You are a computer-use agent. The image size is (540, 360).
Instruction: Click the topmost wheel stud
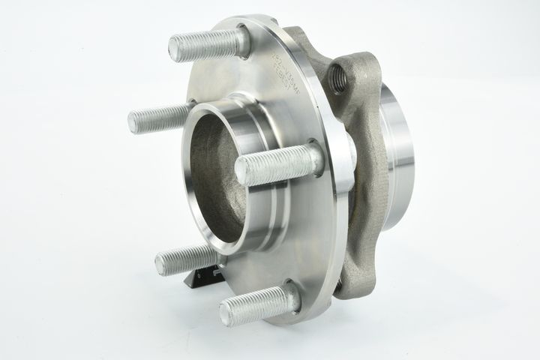tap(206, 43)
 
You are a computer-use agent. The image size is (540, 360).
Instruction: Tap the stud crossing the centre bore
tap(274, 165)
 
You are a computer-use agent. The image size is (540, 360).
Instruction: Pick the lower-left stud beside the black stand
tap(184, 258)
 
